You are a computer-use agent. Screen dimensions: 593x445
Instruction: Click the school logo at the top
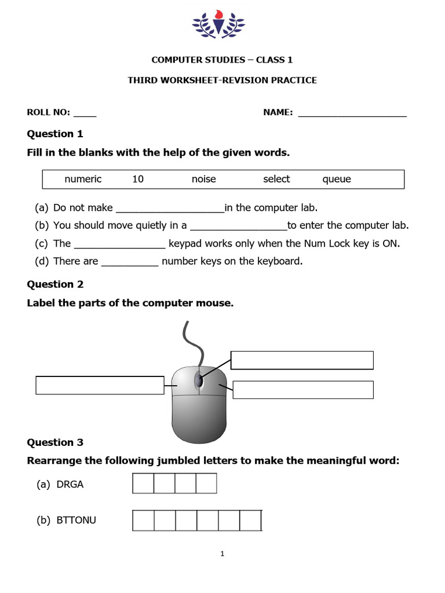[x=218, y=25]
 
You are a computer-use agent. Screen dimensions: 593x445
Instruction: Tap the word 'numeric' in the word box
[x=83, y=180]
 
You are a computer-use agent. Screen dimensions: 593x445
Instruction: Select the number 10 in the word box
[x=138, y=180]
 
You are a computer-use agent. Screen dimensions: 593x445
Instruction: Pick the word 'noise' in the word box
[x=203, y=180]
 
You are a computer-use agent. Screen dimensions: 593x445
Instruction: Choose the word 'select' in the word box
[x=276, y=180]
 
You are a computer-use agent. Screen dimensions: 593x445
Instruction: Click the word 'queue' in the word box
[x=337, y=180]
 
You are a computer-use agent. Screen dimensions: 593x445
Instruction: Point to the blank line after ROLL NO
[x=85, y=115]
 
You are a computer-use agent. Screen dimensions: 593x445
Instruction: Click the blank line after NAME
[x=352, y=115]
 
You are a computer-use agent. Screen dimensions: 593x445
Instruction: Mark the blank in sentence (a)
[x=170, y=210]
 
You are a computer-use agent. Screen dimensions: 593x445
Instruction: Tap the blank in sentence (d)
[x=130, y=263]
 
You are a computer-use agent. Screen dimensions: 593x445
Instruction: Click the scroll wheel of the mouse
[x=199, y=380]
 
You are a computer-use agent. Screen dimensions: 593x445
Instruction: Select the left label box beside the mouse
[x=100, y=385]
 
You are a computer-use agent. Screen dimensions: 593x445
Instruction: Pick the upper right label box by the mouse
[x=302, y=360]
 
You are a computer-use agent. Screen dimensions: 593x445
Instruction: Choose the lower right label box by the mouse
[x=303, y=390]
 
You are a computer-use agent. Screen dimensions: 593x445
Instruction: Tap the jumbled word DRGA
[x=70, y=485]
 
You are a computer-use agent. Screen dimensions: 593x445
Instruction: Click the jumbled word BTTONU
[x=76, y=521]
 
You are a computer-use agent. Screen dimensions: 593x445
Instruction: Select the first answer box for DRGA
[x=143, y=484]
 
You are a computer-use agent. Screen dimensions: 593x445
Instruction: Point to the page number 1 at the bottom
[x=222, y=554]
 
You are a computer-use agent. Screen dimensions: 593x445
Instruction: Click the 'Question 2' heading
[x=55, y=284]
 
